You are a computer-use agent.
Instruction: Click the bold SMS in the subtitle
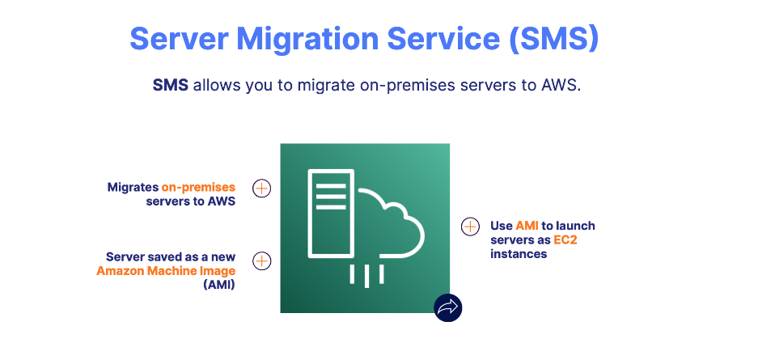170,86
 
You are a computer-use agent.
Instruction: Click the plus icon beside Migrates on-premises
261,188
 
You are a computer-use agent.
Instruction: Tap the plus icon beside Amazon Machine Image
261,261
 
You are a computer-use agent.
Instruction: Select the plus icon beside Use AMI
470,227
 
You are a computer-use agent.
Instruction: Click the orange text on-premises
198,187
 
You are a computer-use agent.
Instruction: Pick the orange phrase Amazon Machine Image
166,270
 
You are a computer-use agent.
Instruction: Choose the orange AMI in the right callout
527,226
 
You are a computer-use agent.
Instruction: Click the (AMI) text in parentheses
219,284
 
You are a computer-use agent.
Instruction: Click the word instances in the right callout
519,254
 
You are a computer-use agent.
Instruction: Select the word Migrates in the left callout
133,187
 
